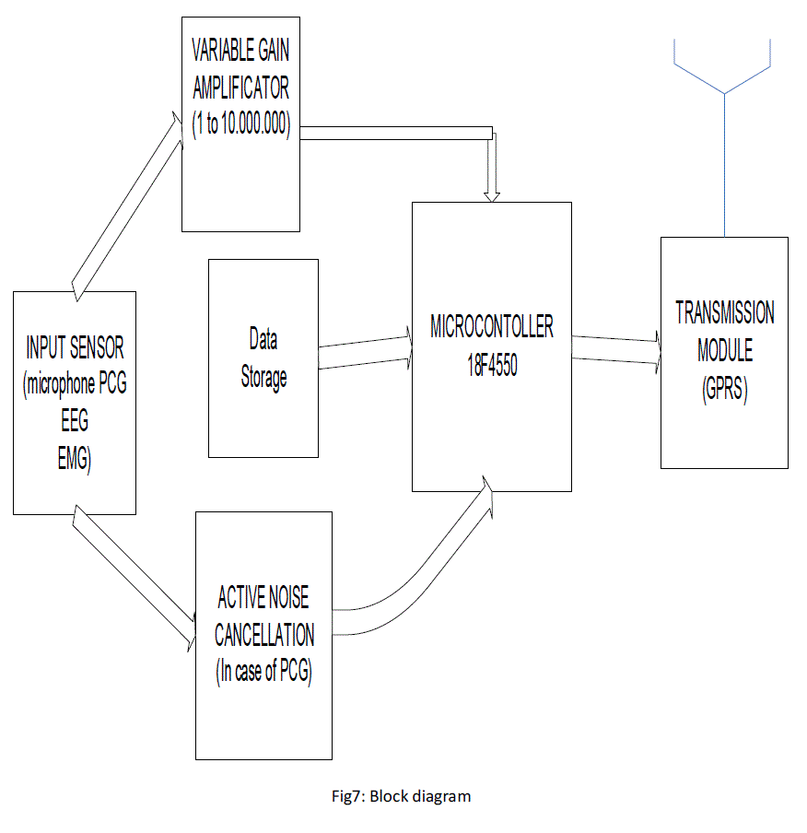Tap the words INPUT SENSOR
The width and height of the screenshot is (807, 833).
pyautogui.click(x=75, y=348)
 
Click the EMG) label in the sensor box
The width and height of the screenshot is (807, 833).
pyautogui.click(x=75, y=460)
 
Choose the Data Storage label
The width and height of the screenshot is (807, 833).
pyautogui.click(x=263, y=358)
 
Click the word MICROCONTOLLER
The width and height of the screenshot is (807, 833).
pyautogui.click(x=492, y=327)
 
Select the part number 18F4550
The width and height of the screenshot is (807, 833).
pyautogui.click(x=492, y=363)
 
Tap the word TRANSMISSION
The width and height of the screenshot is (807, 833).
pyautogui.click(x=724, y=313)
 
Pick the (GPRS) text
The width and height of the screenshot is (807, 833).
pyautogui.click(x=724, y=389)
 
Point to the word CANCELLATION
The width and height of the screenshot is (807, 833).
pyautogui.click(x=263, y=636)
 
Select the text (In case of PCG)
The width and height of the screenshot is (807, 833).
pyautogui.click(x=263, y=672)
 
